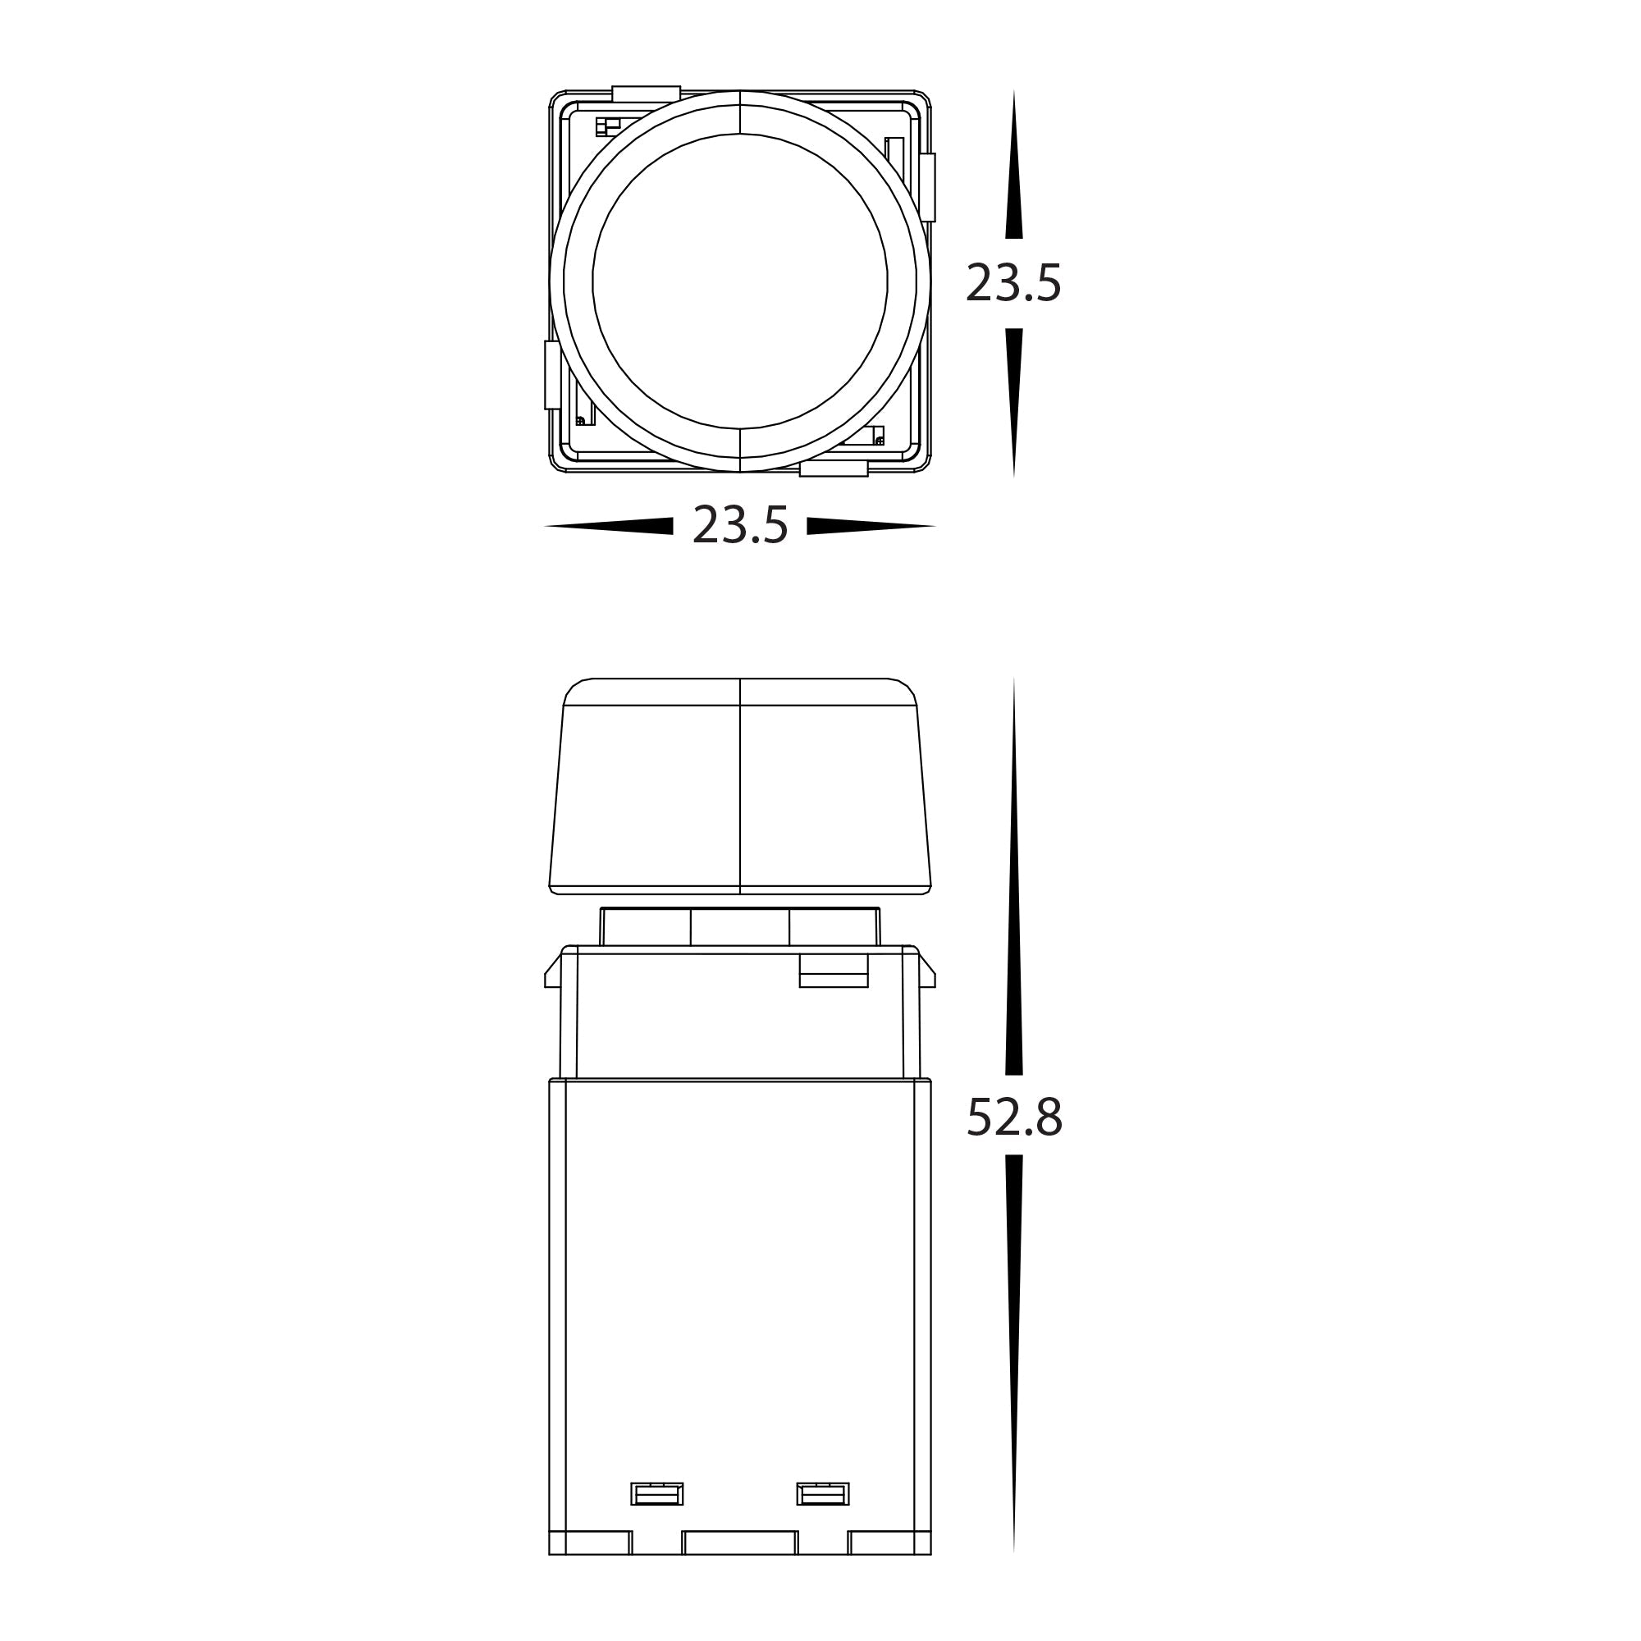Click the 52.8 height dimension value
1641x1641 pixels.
1014,1117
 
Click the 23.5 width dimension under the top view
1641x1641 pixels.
740,525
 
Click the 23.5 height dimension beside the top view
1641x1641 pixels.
1013,283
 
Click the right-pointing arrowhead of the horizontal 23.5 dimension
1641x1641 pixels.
871,526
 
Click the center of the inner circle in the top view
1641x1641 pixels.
740,281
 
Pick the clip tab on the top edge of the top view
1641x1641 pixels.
646,94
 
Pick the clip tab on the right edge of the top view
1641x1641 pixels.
927,187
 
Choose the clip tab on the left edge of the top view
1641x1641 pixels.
552,375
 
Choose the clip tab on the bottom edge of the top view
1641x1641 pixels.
834,469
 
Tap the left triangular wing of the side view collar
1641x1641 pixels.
553,972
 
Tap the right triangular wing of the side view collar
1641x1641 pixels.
926,972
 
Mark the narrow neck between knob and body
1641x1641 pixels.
740,926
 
